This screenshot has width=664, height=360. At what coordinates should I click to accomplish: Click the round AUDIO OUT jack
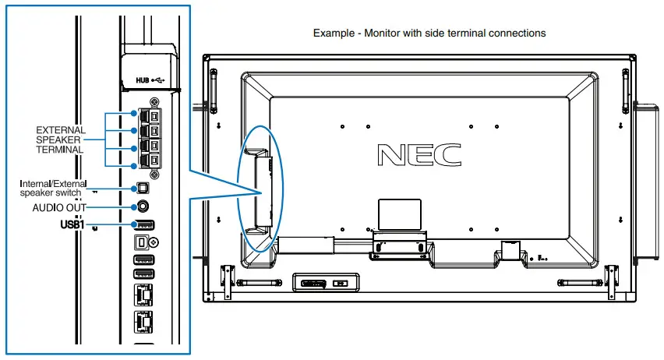pos(143,206)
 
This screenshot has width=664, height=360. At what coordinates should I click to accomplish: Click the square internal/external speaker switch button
pos(142,188)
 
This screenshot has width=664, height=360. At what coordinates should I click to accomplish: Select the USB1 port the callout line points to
pos(143,225)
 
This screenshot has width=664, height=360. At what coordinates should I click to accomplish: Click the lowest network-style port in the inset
pos(143,319)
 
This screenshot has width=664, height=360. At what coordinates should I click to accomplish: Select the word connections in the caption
pos(517,34)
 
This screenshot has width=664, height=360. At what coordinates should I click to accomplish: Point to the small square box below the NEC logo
pos(400,211)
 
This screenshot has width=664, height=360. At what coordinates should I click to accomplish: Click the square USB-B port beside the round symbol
pos(141,242)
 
